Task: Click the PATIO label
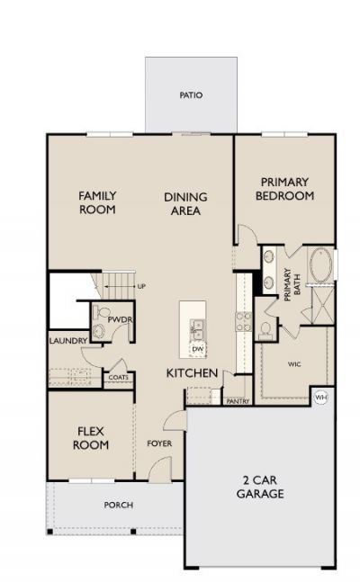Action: (x=191, y=95)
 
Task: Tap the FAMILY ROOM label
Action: (x=97, y=202)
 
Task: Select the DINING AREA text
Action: (x=185, y=204)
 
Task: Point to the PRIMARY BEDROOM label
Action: (x=284, y=189)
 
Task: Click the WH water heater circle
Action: (x=321, y=398)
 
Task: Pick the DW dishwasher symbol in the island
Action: (x=198, y=349)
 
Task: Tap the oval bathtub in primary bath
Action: (x=320, y=265)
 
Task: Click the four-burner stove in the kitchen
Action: (x=244, y=321)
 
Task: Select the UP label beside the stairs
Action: (x=141, y=287)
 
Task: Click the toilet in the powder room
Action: (x=101, y=312)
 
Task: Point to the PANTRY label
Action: (x=238, y=401)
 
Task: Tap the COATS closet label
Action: (x=119, y=378)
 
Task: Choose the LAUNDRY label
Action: (x=68, y=341)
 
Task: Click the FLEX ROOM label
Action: (x=91, y=438)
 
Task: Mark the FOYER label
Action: (x=159, y=443)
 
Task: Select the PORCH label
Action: (x=119, y=506)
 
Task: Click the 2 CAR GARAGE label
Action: (x=260, y=487)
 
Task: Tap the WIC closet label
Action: (x=294, y=364)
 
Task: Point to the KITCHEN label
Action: (x=192, y=373)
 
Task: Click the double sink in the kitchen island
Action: (x=198, y=330)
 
